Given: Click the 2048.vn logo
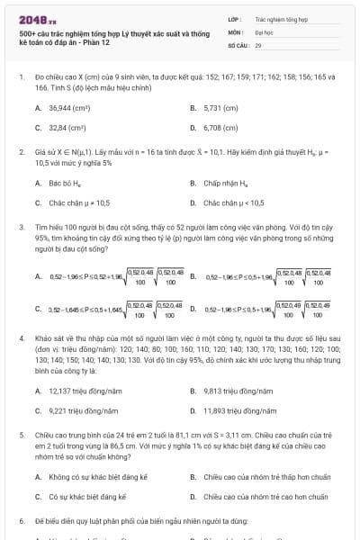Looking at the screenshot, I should click(32, 19).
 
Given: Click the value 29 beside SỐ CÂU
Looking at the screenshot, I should click(258, 43).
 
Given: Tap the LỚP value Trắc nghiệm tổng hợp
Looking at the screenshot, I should click(278, 18).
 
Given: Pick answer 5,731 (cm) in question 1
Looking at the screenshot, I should click(219, 108).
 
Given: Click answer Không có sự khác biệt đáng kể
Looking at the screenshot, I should click(91, 476).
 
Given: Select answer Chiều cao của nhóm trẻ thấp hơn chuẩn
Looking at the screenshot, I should click(256, 476).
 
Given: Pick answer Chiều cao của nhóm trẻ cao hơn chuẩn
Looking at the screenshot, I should click(256, 496).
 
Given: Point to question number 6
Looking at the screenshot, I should click(21, 521).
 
